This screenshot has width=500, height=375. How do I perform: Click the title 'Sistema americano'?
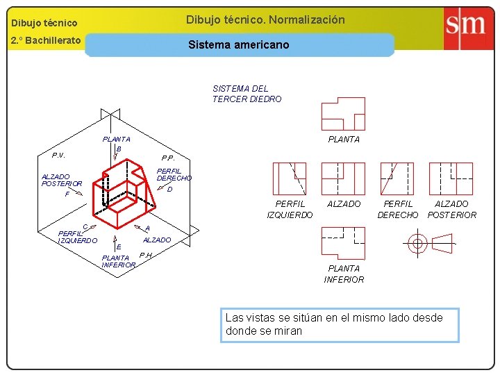(239, 44)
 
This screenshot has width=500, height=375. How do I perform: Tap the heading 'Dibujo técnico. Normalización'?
(265, 19)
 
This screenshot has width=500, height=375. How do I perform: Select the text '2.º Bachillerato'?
(46, 40)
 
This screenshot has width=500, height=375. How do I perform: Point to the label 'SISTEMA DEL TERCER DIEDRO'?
(247, 94)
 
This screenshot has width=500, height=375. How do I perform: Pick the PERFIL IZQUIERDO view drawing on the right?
(290, 178)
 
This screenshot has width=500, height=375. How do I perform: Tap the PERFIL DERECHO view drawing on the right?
(397, 178)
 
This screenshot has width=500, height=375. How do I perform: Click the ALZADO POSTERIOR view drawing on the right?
(451, 178)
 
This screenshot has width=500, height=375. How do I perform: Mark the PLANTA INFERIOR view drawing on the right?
(343, 243)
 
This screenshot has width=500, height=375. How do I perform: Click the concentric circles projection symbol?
(417, 243)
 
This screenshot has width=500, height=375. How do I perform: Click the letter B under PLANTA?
(119, 149)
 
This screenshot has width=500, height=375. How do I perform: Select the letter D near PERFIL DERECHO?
(169, 189)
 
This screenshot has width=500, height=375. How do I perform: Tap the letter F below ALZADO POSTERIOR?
(67, 194)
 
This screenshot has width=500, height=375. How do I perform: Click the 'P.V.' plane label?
(58, 155)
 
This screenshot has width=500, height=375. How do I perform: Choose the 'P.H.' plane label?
(146, 255)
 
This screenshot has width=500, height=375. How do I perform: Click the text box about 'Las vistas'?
(339, 324)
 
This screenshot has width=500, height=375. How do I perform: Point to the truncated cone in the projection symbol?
(442, 243)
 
